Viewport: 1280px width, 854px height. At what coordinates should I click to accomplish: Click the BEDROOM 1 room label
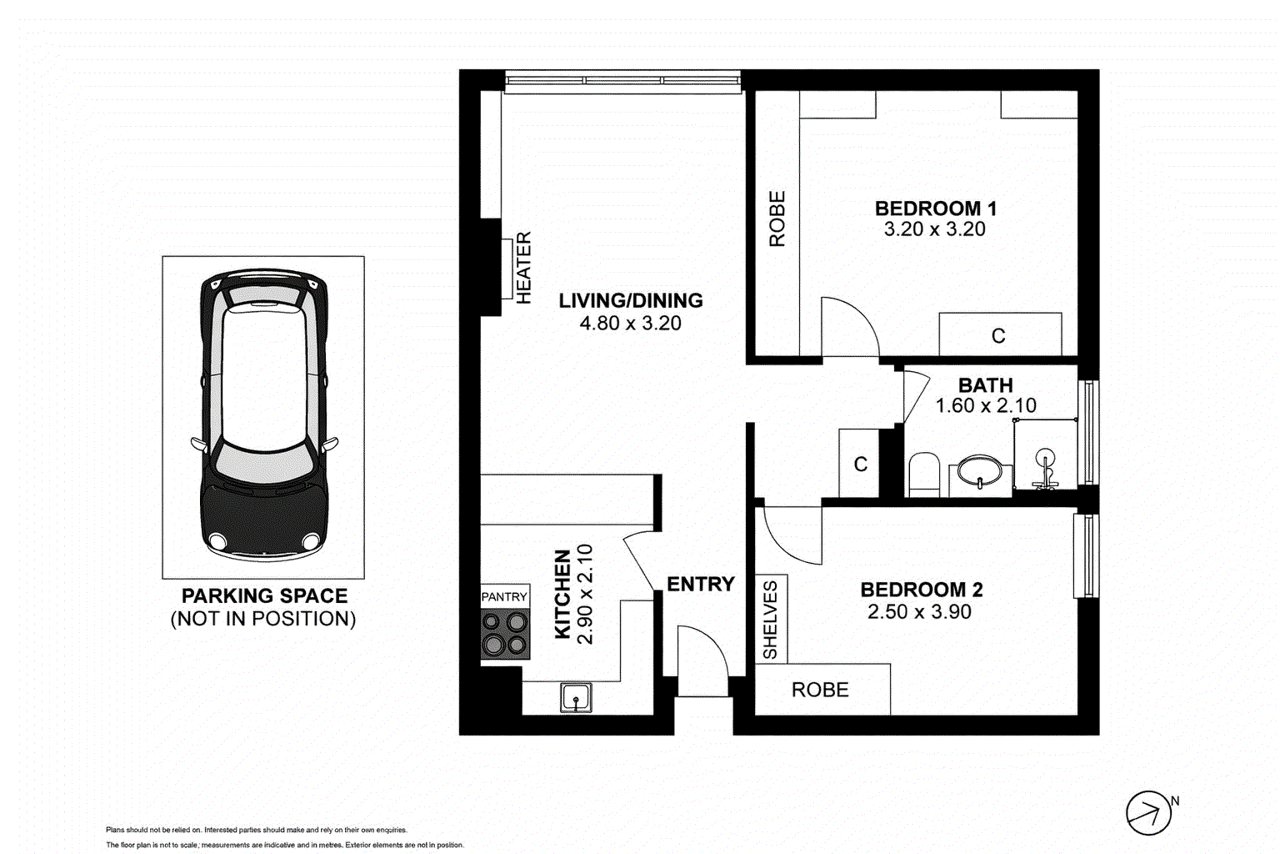click(935, 208)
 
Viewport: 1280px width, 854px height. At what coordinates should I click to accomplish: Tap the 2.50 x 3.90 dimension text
click(919, 612)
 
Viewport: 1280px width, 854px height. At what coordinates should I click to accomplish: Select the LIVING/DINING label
click(630, 300)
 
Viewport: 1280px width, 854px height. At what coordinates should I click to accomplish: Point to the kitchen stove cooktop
click(505, 633)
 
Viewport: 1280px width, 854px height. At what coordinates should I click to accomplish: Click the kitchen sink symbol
click(576, 697)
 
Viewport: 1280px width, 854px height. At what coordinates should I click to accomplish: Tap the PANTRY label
click(504, 596)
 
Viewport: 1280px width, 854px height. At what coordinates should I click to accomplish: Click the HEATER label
click(523, 268)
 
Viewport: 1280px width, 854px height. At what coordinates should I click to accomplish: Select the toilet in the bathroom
click(923, 475)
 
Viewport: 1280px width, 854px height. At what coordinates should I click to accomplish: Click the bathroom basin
click(980, 472)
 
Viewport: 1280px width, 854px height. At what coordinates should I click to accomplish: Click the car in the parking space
click(264, 414)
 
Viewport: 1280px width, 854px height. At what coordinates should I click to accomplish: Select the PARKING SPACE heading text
click(264, 595)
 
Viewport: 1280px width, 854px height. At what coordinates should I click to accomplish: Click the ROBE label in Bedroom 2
click(820, 690)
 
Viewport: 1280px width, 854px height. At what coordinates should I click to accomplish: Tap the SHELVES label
click(770, 620)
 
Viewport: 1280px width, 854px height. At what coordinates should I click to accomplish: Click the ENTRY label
click(700, 584)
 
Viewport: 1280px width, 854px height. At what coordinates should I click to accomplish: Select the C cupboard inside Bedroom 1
click(999, 335)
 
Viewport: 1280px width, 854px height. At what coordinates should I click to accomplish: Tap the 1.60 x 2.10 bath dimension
click(986, 406)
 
